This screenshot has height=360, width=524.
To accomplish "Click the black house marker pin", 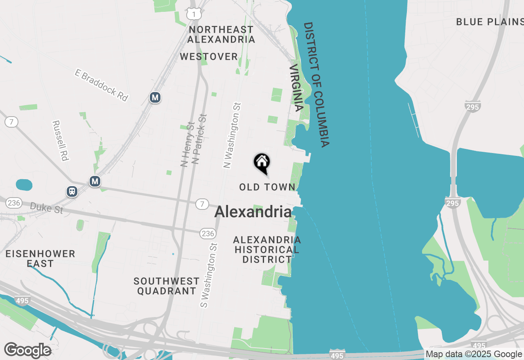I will pyautogui.click(x=262, y=162).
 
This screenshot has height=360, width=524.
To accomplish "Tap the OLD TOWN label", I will pyautogui.click(x=267, y=187).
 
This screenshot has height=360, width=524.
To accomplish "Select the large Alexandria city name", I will pyautogui.click(x=253, y=212).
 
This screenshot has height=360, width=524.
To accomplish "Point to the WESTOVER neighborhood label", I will pyautogui.click(x=209, y=56).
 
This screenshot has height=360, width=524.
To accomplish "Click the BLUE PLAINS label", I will pyautogui.click(x=490, y=22).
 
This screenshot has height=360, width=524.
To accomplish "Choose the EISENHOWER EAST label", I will pyautogui.click(x=40, y=259).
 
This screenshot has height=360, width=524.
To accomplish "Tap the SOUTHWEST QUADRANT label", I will pyautogui.click(x=167, y=286).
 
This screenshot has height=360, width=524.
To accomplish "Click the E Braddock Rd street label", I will pyautogui.click(x=102, y=85).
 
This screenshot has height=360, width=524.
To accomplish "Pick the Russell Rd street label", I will pyautogui.click(x=60, y=140).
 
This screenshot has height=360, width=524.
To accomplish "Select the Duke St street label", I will pyautogui.click(x=47, y=207).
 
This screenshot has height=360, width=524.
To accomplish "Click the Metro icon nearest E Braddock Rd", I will pyautogui.click(x=155, y=97).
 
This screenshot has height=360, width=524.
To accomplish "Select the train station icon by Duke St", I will pyautogui.click(x=72, y=191).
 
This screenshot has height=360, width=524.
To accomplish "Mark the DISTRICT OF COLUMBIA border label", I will pyautogui.click(x=316, y=85).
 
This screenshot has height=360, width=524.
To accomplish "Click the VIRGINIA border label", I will pyautogui.click(x=296, y=88).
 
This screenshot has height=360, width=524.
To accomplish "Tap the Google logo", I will pyautogui.click(x=27, y=350).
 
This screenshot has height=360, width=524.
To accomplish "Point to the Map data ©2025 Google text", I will pyautogui.click(x=474, y=354).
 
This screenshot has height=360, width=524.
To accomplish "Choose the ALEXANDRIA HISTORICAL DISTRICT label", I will pyautogui.click(x=267, y=250).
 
